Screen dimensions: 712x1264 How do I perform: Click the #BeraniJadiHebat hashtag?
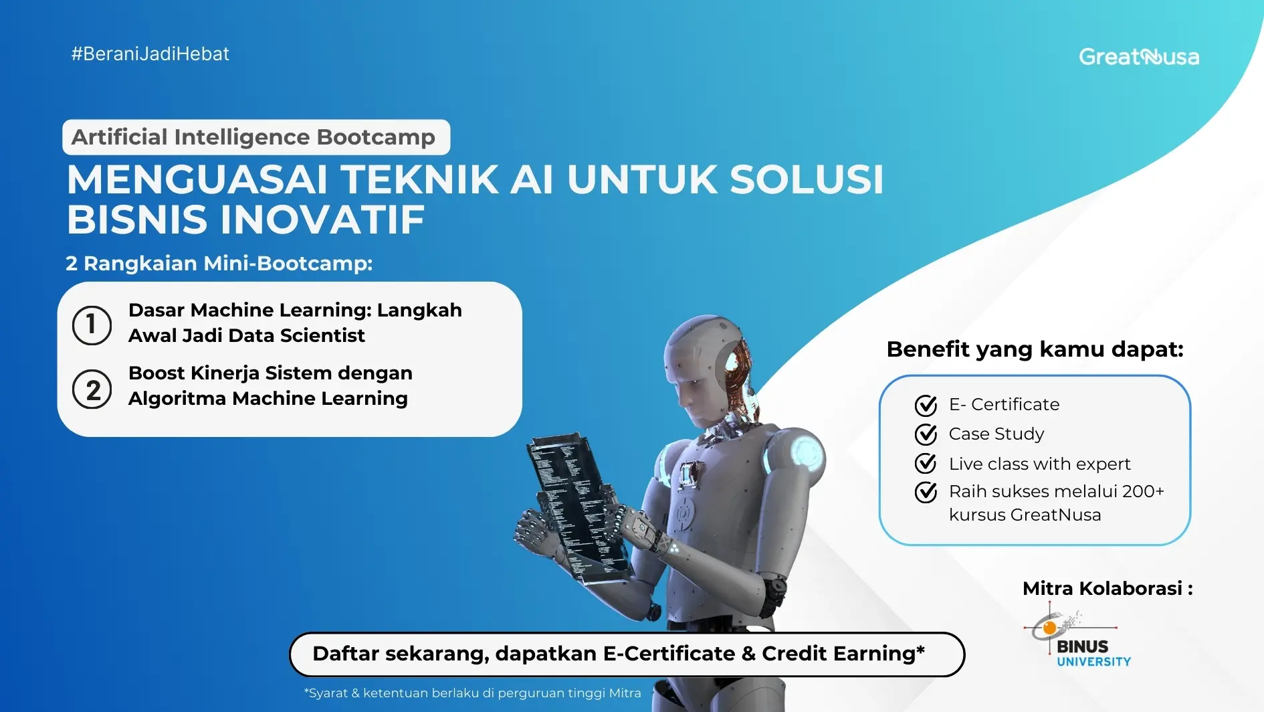click(150, 54)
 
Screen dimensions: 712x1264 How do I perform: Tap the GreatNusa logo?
click(1138, 57)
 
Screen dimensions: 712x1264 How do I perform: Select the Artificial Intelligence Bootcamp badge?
click(255, 137)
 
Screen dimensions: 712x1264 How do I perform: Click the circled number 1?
click(92, 325)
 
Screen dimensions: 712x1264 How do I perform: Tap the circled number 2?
click(92, 390)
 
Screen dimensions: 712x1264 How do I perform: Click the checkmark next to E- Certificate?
click(926, 406)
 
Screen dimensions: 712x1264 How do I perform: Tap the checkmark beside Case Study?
click(926, 435)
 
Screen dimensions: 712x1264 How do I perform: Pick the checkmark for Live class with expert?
click(926, 464)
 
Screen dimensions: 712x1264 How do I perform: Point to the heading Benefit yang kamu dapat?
click(1035, 349)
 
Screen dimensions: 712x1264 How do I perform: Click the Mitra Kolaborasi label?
click(1107, 589)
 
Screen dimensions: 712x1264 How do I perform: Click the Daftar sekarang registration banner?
click(627, 654)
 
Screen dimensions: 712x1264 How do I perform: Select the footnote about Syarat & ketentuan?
click(472, 693)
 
